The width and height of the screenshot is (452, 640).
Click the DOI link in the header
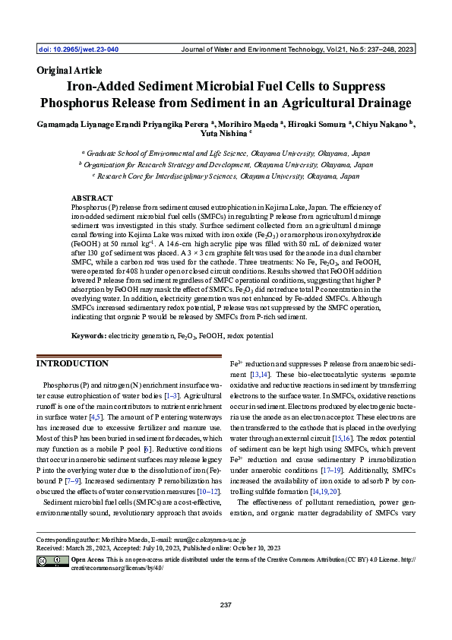[77, 49]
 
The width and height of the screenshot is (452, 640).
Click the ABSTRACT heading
[91, 197]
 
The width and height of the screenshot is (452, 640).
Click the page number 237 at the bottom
[226, 605]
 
